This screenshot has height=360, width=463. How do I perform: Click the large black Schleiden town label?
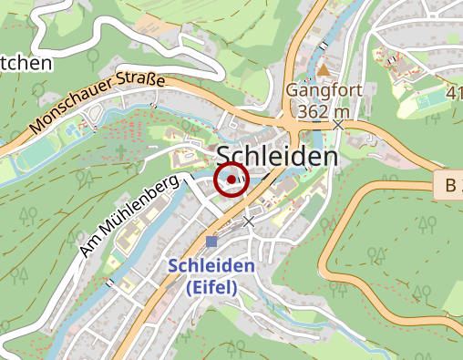point(277,157)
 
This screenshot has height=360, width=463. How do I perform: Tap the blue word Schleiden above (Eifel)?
point(211,266)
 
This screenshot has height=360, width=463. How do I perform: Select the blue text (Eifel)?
point(211,287)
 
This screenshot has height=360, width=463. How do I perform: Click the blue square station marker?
point(211,242)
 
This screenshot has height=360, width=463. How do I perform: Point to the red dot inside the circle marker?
point(231,180)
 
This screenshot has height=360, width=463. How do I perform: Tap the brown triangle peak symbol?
point(324,69)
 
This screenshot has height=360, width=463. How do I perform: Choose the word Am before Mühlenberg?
point(89,246)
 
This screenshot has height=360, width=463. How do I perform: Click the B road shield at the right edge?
point(448,186)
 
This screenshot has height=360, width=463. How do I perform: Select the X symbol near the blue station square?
point(249,221)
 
